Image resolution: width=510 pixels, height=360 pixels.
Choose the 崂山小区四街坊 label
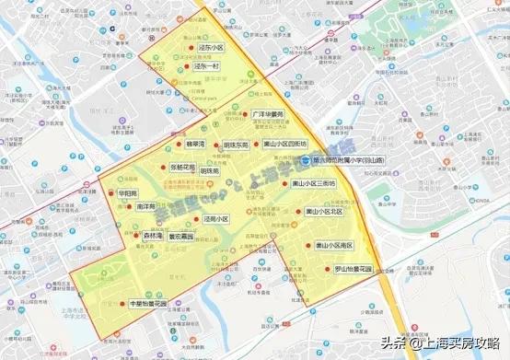pos(285,145)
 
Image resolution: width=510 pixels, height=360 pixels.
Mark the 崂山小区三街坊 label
pos(314,183)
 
